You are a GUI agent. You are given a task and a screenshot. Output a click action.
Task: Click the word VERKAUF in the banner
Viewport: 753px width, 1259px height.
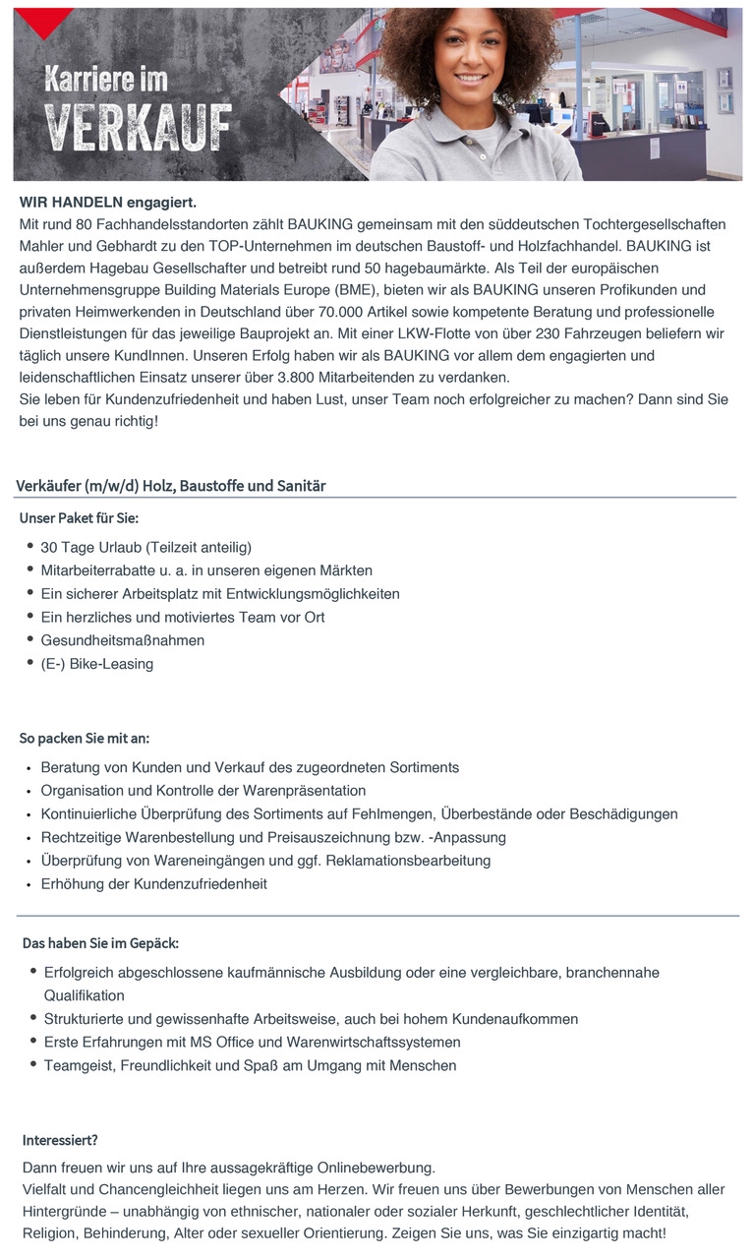pyautogui.click(x=139, y=129)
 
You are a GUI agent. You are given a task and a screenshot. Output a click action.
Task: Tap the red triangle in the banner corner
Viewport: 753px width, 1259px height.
pyautogui.click(x=44, y=20)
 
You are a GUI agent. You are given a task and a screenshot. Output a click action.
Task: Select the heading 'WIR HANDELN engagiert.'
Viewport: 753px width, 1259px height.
pyautogui.click(x=108, y=203)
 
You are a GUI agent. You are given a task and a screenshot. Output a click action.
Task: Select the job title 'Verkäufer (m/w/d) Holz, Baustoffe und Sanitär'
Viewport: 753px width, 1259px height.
pyautogui.click(x=171, y=486)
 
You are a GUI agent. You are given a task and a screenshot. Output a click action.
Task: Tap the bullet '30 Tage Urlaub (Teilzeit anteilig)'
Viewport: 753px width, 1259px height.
pyautogui.click(x=145, y=547)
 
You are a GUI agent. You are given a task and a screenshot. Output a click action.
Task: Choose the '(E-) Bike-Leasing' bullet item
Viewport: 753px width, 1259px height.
pyautogui.click(x=97, y=664)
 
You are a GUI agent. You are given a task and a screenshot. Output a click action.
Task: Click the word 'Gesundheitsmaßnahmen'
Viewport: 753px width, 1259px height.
pyautogui.click(x=123, y=640)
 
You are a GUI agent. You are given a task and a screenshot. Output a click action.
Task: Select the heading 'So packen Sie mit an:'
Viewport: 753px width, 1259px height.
pyautogui.click(x=86, y=738)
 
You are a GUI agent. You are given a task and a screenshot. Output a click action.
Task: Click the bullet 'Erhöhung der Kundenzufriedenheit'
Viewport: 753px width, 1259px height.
pyautogui.click(x=153, y=884)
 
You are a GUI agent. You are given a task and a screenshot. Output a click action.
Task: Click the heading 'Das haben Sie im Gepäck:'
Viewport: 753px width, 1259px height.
pyautogui.click(x=100, y=943)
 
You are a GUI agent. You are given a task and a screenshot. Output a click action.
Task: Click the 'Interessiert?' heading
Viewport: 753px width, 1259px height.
pyautogui.click(x=60, y=1141)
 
